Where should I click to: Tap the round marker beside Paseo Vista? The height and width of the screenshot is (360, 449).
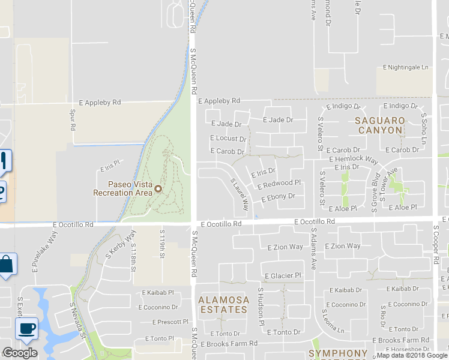click(158, 189)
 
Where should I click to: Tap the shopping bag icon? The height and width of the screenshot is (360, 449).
click(7, 265)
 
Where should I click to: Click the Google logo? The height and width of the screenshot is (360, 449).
click(20, 353)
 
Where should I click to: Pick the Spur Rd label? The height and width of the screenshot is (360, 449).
click(72, 120)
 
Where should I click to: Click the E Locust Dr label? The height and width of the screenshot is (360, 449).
click(228, 138)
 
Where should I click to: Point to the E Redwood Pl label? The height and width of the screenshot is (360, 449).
click(279, 184)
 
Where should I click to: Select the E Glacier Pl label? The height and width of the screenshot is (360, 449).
click(282, 275)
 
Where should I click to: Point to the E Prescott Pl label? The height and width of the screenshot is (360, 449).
click(166, 322)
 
